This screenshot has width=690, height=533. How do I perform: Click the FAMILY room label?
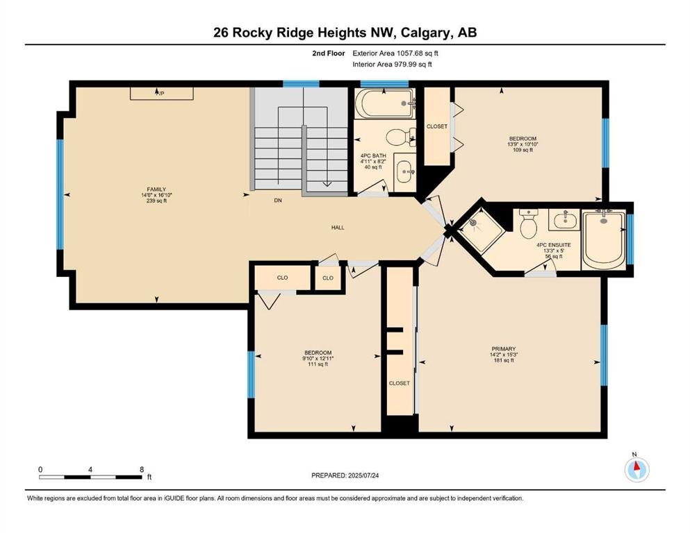[156, 189]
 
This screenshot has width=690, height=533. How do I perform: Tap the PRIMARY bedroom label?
[503, 349]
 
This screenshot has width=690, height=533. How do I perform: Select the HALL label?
[338, 228]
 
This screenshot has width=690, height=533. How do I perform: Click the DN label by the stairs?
[278, 201]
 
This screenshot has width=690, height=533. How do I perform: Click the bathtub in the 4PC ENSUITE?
[604, 240]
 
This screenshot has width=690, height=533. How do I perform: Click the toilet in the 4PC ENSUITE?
[528, 223]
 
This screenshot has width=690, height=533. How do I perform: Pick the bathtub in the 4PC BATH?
[384, 103]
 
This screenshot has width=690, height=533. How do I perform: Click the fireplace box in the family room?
[161, 94]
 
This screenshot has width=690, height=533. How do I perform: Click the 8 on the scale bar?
[142, 469]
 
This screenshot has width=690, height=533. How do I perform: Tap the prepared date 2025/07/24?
[363, 475]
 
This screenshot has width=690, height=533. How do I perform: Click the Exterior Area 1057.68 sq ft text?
[395, 53]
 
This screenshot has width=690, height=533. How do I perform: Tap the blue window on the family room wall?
[60, 194]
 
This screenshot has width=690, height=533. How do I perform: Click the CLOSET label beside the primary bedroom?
[399, 383]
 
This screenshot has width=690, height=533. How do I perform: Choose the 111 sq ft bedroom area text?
[318, 364]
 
